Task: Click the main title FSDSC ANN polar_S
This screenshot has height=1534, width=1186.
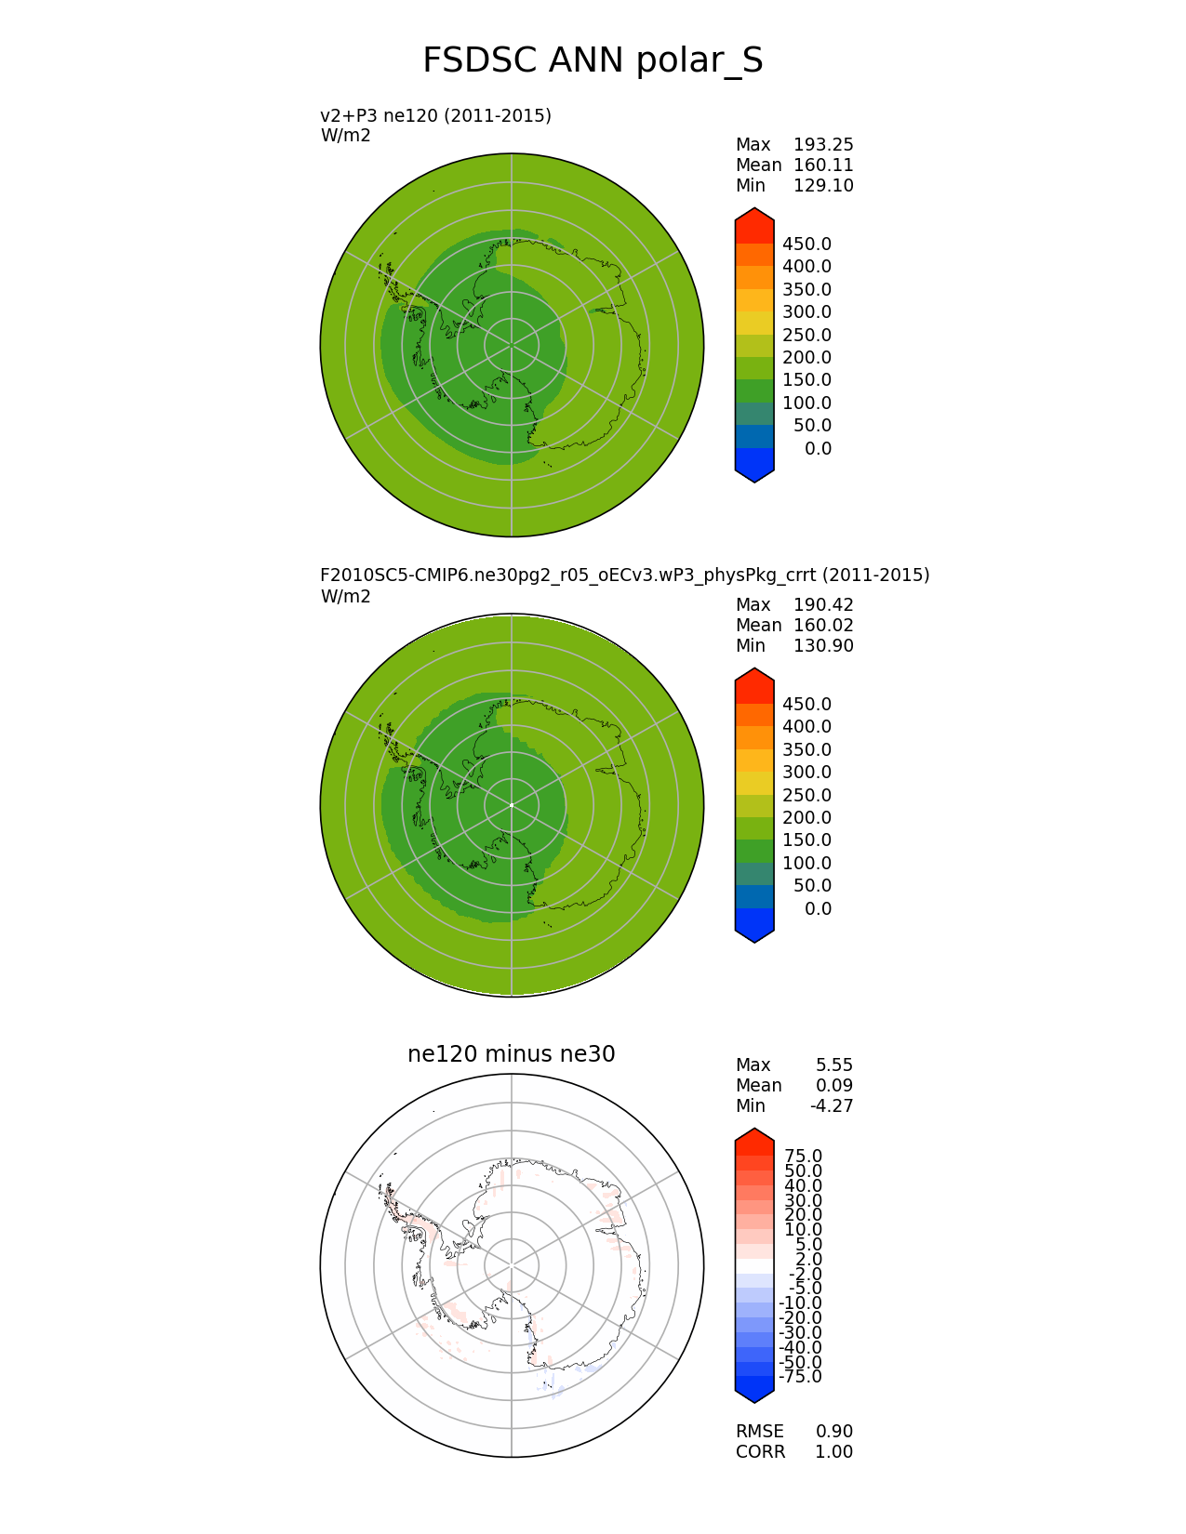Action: pos(593,60)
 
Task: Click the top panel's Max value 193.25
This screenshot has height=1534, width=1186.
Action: pos(823,145)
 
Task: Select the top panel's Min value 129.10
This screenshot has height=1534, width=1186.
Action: pos(823,186)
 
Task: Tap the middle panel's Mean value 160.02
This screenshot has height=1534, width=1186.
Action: pos(823,626)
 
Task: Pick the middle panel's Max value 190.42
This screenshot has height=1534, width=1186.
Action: pos(823,605)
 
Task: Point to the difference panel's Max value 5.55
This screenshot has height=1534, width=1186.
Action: pos(834,1065)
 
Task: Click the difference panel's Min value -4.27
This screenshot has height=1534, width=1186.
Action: pos(832,1106)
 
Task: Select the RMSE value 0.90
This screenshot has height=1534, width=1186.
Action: pos(834,1432)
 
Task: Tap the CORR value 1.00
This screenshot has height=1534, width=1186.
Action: pos(834,1452)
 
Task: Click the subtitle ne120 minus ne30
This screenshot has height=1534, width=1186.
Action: pos(512,1054)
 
